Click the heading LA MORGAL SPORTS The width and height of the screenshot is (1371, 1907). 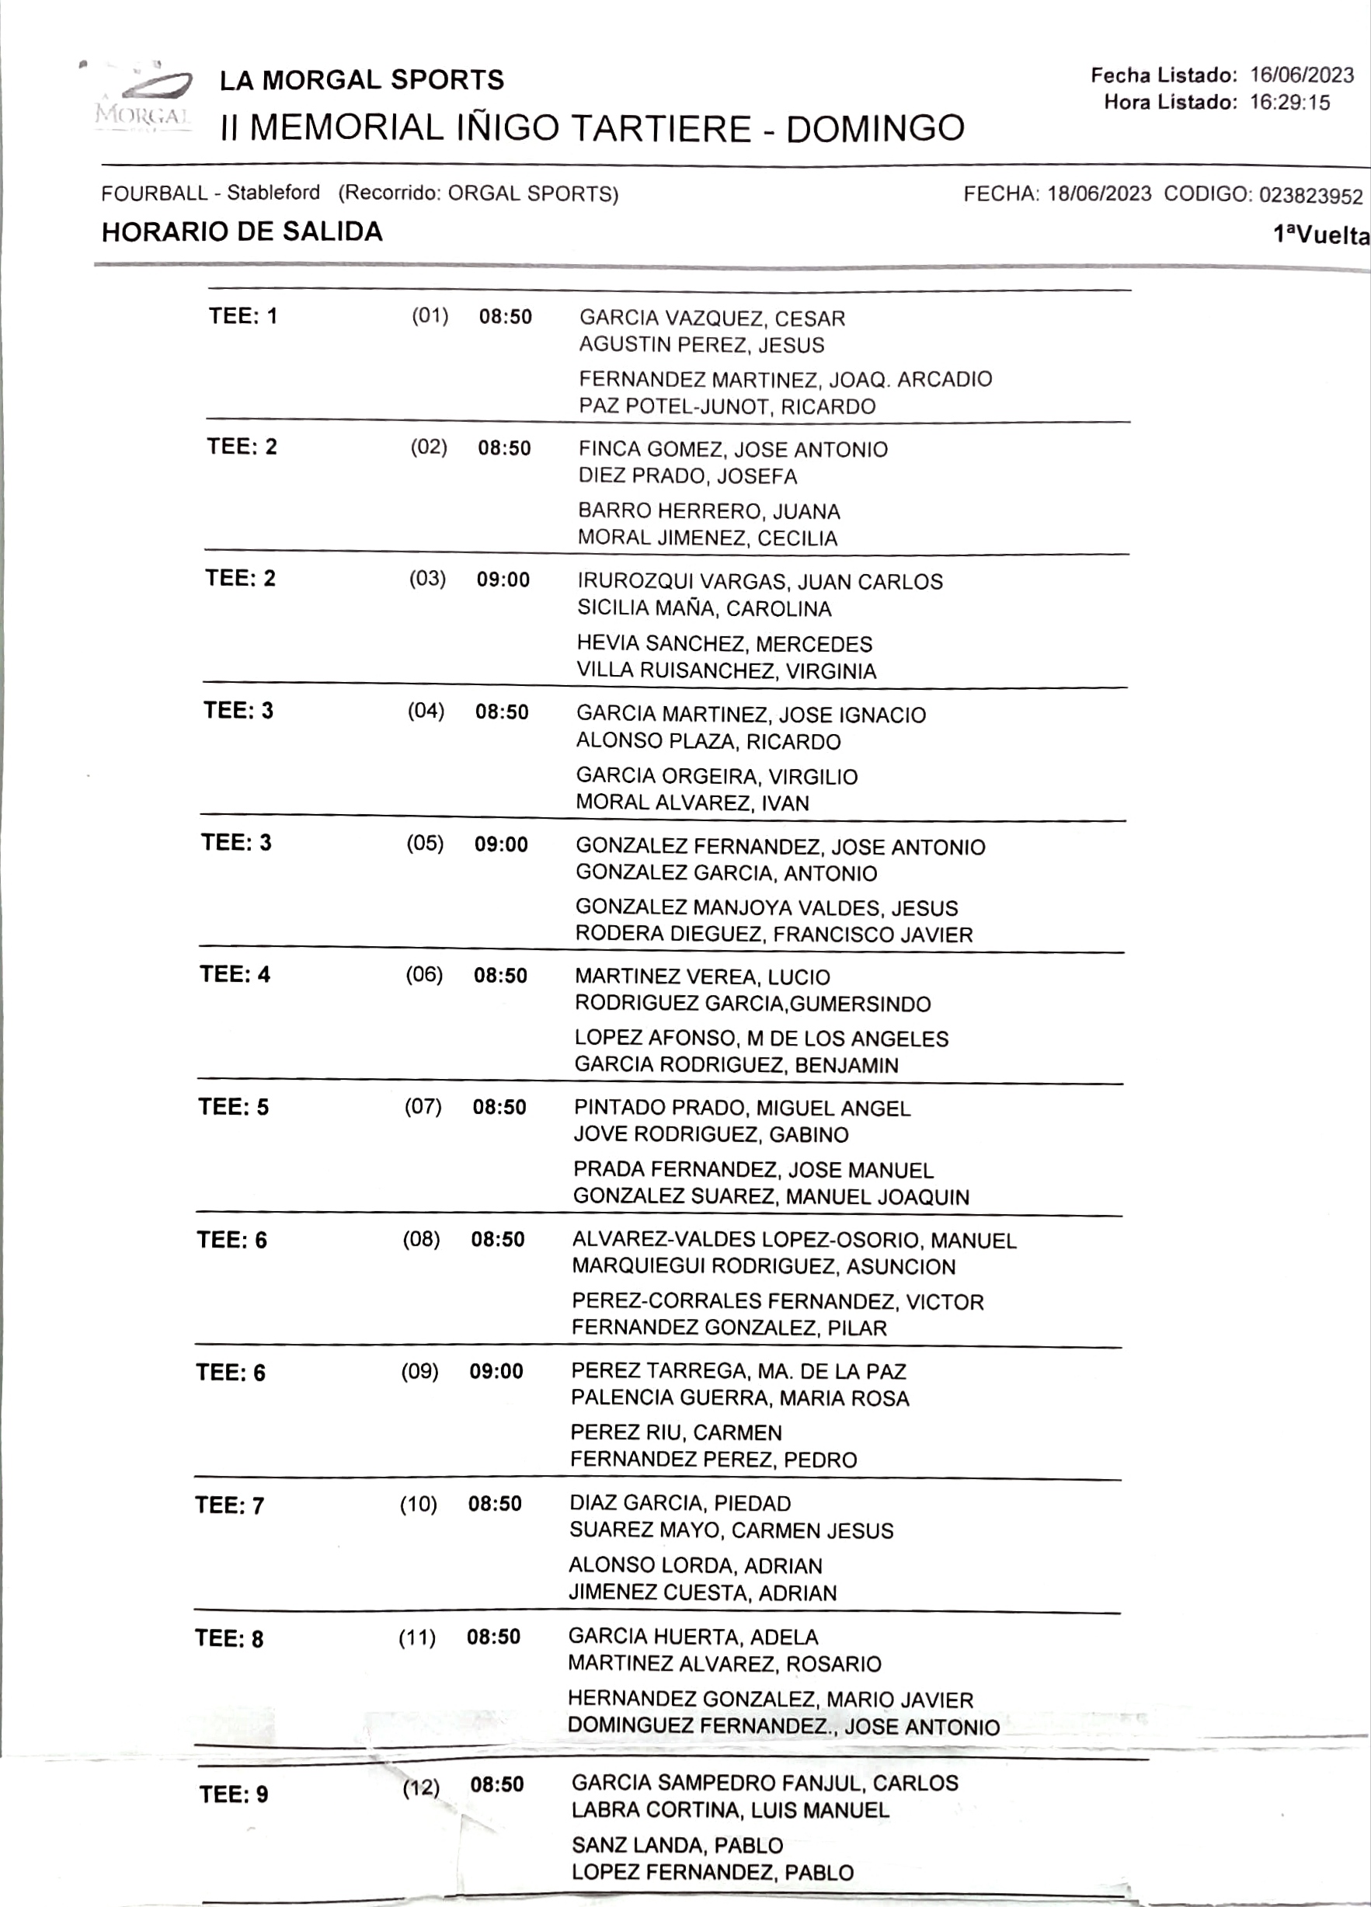361,80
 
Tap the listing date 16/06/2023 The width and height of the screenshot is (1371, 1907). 1301,75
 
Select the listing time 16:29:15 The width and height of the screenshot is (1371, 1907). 1289,103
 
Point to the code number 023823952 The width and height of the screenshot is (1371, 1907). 1310,196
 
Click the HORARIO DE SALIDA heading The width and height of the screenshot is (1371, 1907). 242,231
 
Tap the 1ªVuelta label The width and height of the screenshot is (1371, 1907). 1321,235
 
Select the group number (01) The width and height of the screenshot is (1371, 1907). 430,316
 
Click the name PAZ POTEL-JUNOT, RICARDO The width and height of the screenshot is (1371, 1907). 727,406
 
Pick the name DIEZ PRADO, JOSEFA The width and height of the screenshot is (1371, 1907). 687,476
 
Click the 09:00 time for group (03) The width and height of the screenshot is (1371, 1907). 503,579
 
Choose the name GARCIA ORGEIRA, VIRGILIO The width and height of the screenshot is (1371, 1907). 716,775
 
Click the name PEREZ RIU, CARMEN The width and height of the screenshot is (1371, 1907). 676,1432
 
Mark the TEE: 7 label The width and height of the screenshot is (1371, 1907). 229,1505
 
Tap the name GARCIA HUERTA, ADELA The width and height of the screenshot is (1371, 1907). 693,1636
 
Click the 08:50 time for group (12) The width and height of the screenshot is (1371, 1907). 497,1784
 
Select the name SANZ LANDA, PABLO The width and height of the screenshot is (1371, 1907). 677,1845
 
